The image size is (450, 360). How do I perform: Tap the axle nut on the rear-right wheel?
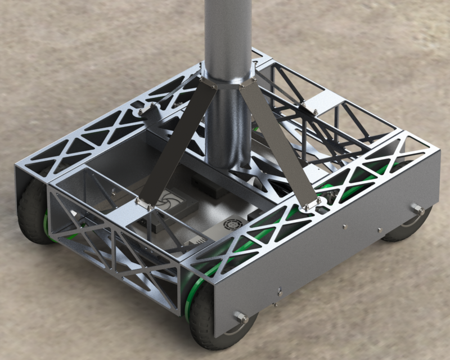(417, 209)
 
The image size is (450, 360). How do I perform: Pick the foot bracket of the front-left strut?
(143, 204)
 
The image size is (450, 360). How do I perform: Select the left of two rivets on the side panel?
(344, 226)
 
